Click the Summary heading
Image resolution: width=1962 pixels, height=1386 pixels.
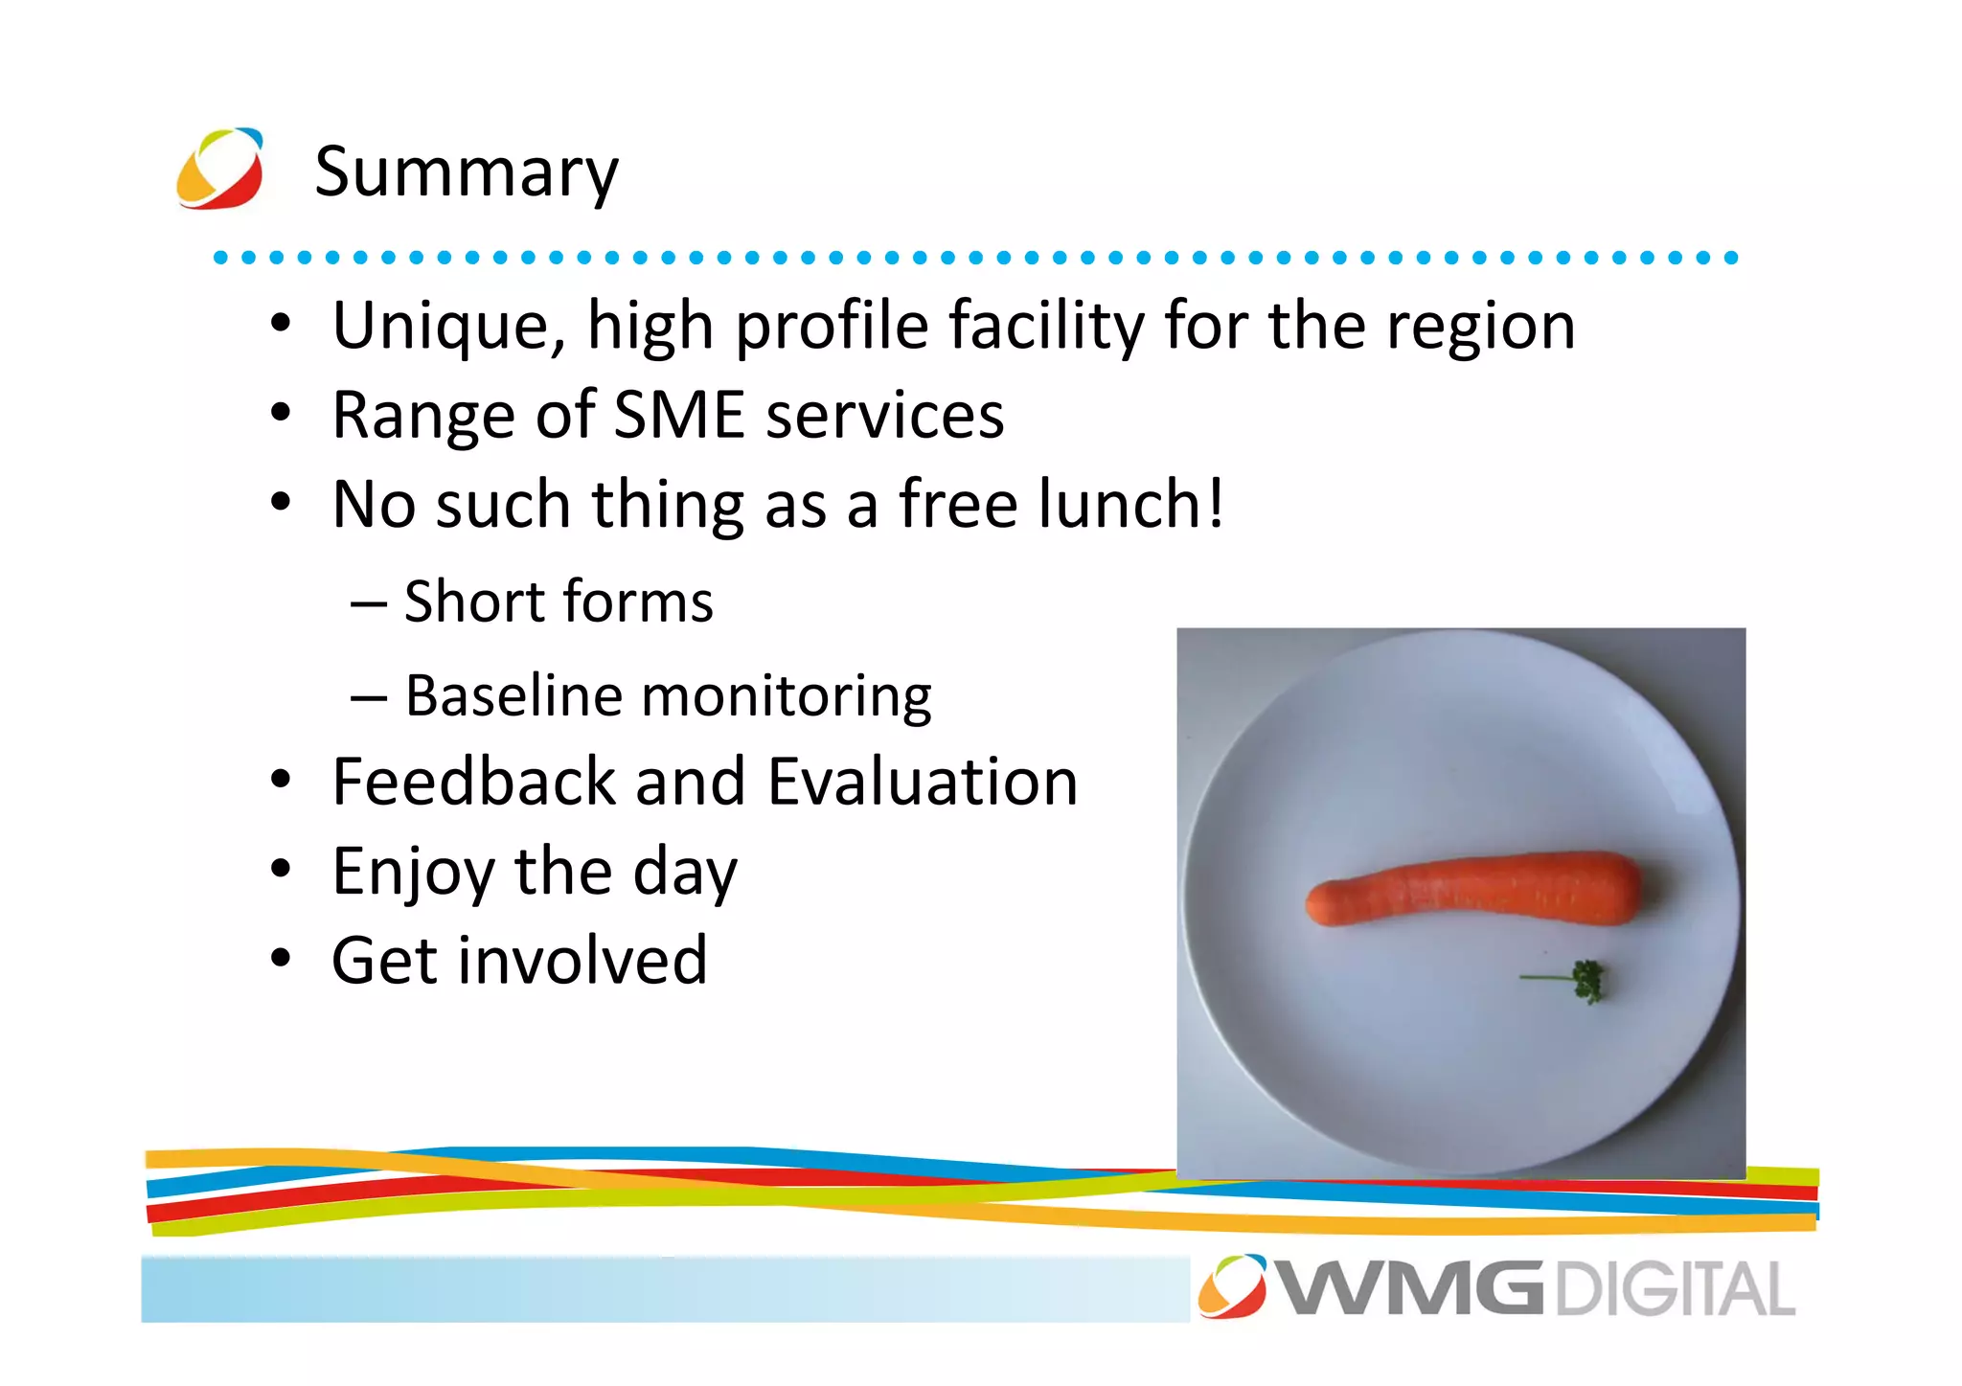(467, 172)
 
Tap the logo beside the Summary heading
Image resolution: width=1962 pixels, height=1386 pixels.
(220, 169)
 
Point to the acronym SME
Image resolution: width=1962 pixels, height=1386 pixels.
(678, 415)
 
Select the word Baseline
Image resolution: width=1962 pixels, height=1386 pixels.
(513, 695)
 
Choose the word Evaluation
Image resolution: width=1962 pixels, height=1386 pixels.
(923, 782)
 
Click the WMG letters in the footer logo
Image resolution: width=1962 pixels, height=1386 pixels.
(1410, 1289)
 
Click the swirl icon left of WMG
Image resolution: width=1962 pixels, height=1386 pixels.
(1232, 1285)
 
